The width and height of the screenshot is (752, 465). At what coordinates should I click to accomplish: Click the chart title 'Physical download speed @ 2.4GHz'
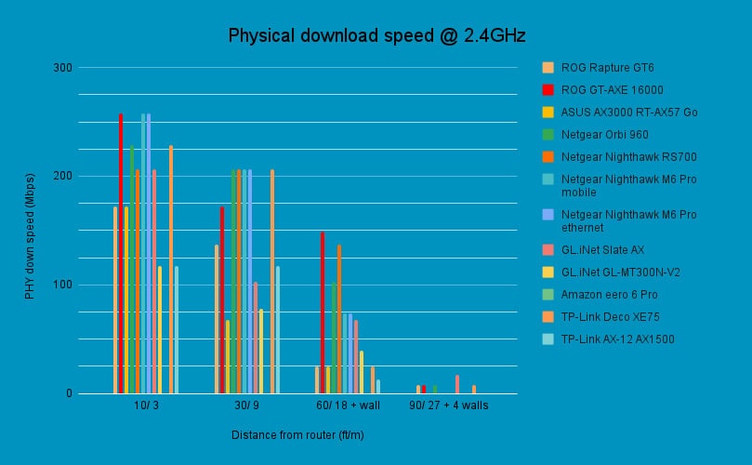[x=377, y=36]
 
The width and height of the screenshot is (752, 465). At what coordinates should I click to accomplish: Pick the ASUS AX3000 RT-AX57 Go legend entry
[x=628, y=113]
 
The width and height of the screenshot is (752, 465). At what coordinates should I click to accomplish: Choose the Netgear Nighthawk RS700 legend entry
[x=628, y=157]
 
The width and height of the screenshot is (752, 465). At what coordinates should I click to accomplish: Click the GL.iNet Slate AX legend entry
[x=602, y=250]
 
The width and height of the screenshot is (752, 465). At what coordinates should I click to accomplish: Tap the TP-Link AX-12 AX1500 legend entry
[x=618, y=339]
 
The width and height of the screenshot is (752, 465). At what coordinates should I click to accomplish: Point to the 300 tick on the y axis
[x=62, y=67]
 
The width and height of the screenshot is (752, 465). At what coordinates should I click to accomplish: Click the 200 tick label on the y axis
[x=62, y=176]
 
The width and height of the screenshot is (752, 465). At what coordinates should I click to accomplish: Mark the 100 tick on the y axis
[x=62, y=285]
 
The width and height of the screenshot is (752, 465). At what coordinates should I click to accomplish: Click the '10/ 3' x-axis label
[x=146, y=406]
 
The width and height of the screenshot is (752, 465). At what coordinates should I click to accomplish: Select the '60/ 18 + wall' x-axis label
[x=348, y=406]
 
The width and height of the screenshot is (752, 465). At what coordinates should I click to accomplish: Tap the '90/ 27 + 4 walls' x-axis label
[x=449, y=406]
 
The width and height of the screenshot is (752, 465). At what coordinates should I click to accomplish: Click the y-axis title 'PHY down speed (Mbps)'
[x=30, y=235]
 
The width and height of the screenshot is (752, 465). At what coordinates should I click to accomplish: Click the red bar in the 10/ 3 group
[x=121, y=253]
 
